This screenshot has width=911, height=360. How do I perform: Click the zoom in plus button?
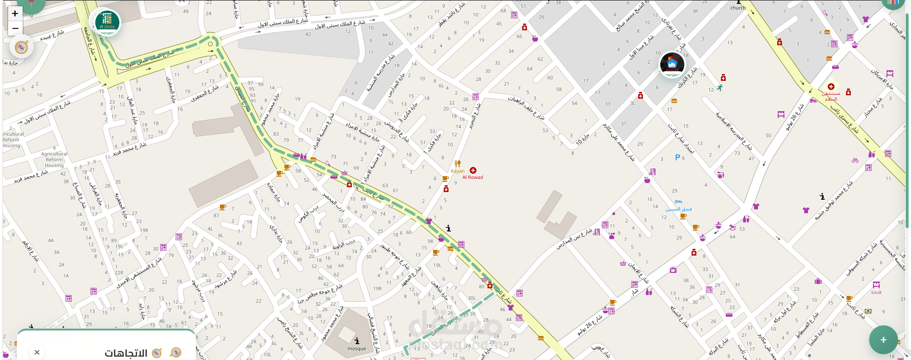pyautogui.click(x=15, y=13)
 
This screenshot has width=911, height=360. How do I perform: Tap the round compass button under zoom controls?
pyautogui.click(x=21, y=47)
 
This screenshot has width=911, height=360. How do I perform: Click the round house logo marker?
pyautogui.click(x=672, y=64)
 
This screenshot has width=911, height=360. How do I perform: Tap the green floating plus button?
pyautogui.click(x=883, y=340)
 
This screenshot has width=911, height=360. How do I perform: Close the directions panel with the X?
pyautogui.click(x=37, y=352)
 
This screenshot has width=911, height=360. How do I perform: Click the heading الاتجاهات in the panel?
pyautogui.click(x=126, y=353)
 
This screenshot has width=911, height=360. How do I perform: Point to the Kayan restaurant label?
pyautogui.click(x=458, y=171)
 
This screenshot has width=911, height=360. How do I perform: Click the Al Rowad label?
pyautogui.click(x=473, y=177)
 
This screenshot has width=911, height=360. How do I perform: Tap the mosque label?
pyautogui.click(x=357, y=348)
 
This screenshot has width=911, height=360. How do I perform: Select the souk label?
pyautogui.click(x=876, y=292)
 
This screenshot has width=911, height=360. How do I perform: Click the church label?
pyautogui.click(x=738, y=8)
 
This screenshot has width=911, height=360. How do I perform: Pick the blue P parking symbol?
pyautogui.click(x=678, y=157)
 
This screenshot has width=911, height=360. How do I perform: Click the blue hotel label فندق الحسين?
pyautogui.click(x=679, y=209)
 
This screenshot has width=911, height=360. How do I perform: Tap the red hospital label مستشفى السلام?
pyautogui.click(x=831, y=96)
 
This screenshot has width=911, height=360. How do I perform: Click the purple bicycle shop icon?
pyautogui.click(x=855, y=160)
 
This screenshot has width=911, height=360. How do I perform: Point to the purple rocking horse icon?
pyautogui.click(x=732, y=227)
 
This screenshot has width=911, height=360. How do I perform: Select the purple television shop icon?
pyautogui.click(x=673, y=270)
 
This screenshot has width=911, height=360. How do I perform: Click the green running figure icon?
pyautogui.click(x=719, y=88)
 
